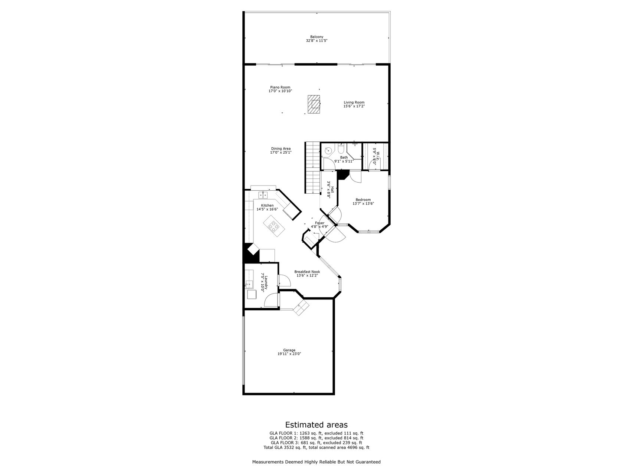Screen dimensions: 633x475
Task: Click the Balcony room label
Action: pos(316,37)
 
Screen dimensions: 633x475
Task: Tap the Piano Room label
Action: pos(280,87)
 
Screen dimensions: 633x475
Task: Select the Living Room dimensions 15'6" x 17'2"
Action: pos(354,106)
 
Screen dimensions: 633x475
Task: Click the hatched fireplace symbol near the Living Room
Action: pos(314,104)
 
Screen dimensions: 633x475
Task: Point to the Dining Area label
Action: pos(281,148)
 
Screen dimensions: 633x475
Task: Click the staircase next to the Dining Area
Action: pos(313,167)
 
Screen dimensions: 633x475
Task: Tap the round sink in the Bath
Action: pos(328,151)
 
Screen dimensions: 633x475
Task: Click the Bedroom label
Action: pos(363,200)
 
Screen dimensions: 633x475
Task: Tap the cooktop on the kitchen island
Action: pos(274,226)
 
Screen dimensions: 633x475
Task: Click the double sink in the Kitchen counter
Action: pos(263,195)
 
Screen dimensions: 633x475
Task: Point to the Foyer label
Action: pos(319,223)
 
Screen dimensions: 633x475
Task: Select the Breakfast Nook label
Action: pos(307,272)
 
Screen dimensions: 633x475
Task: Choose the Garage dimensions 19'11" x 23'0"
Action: pos(289,354)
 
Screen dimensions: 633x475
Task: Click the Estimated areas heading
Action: pos(316,425)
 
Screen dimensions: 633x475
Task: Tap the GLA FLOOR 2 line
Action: pos(316,438)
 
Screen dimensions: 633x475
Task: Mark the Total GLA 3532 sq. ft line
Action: pos(316,448)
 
